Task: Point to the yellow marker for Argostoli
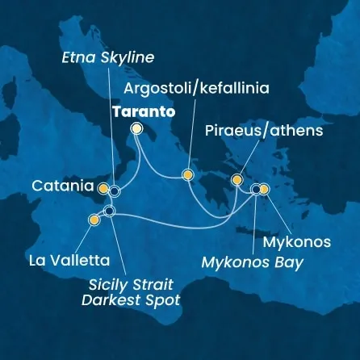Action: [187, 174]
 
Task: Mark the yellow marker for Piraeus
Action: [237, 179]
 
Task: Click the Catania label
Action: [61, 186]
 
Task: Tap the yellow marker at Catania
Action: [103, 188]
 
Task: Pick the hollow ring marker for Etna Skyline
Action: [115, 191]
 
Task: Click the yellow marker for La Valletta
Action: [94, 219]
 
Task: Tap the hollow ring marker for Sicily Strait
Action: [110, 211]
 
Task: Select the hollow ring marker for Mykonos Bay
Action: [256, 190]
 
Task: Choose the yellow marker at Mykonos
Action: [264, 190]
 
